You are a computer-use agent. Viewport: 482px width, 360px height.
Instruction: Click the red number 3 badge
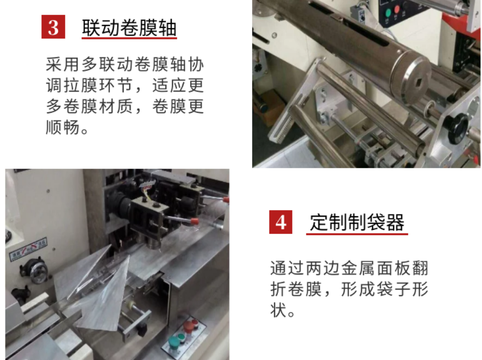coord(53,27)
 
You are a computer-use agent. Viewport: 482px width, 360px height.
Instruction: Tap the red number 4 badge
coord(281,222)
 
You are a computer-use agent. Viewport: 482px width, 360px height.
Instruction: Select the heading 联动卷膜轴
coord(129,28)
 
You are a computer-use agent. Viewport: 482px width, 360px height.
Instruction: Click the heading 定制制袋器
coord(357,222)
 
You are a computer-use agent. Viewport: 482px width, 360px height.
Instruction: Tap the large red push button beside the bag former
coord(193,325)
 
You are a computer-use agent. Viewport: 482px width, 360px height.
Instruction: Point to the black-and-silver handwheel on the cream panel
coord(38,272)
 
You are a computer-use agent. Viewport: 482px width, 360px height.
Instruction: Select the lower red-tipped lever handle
coord(192,221)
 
